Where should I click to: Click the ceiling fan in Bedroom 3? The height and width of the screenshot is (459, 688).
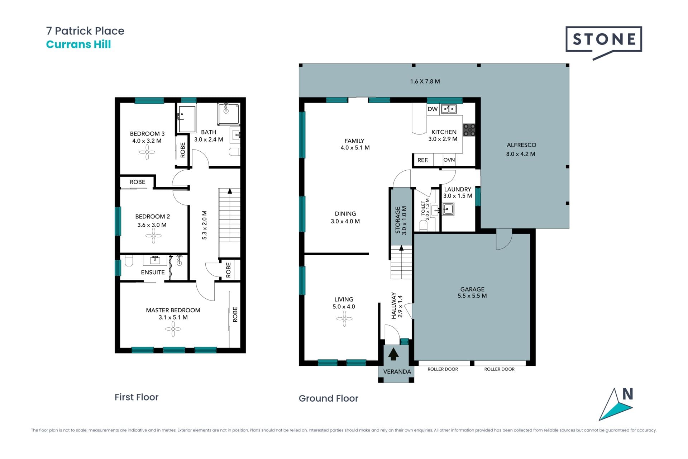147,152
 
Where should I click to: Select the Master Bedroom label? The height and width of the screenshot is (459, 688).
173,310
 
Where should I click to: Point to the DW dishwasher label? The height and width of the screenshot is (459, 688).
433,109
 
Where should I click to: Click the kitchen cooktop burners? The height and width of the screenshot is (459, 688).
469,130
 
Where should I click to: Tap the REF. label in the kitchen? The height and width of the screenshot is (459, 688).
423,160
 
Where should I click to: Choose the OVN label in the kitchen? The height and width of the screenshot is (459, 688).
449,160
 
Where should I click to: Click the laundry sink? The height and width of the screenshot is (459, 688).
448,209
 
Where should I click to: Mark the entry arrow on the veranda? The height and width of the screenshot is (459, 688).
393,354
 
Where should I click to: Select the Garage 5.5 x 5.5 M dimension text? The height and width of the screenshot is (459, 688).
472,296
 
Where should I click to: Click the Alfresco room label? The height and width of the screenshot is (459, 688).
521,145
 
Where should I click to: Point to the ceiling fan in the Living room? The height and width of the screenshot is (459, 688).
344,319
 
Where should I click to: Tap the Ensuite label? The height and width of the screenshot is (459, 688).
153,272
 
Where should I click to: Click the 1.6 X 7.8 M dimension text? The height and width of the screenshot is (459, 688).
425,81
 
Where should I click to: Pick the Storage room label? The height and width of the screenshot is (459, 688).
397,220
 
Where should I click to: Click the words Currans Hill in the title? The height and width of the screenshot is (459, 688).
78,44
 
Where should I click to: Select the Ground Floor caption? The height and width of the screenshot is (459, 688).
329,398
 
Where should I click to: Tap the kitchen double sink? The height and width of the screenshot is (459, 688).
449,108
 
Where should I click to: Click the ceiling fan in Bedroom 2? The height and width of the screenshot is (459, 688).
153,236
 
